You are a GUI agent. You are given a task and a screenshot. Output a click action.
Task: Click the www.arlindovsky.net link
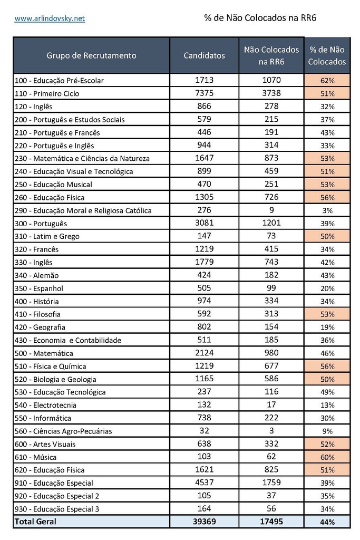pyautogui.click(x=50, y=18)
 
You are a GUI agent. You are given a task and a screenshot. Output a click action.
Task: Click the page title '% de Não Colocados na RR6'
pyautogui.click(x=260, y=18)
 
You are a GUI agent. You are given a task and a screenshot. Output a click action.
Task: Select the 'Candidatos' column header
pyautogui.click(x=204, y=55)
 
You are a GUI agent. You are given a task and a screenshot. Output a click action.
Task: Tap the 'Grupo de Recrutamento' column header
pyautogui.click(x=91, y=55)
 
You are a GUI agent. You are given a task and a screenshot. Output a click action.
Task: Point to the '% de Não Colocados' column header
pyautogui.click(x=327, y=55)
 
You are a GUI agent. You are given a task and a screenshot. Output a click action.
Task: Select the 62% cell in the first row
pyautogui.click(x=327, y=81)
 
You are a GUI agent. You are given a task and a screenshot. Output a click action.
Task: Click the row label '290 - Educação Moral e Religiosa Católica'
pyautogui.click(x=83, y=210)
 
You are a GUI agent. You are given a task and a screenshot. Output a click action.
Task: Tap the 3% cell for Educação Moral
pyautogui.click(x=327, y=210)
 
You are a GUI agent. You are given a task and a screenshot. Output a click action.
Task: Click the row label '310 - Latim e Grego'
pyautogui.click(x=47, y=236)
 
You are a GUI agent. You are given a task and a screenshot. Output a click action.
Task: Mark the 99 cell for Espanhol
pyautogui.click(x=271, y=288)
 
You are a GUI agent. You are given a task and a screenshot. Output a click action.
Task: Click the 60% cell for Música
pyautogui.click(x=327, y=457)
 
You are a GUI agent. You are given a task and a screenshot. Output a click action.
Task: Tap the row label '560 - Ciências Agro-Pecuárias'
pyautogui.click(x=64, y=431)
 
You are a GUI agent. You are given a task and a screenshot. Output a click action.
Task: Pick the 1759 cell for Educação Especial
pyautogui.click(x=271, y=483)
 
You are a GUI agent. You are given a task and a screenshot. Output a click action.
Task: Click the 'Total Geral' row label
pyautogui.click(x=35, y=522)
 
